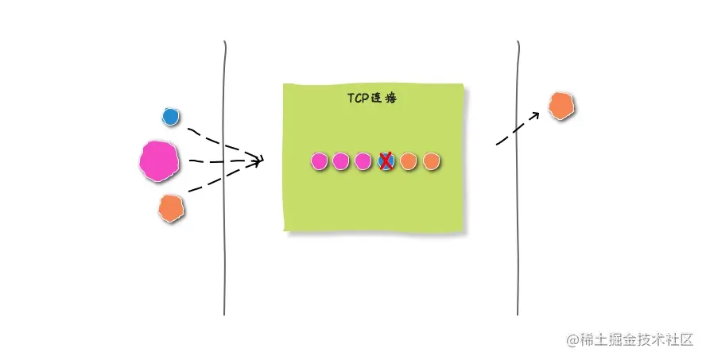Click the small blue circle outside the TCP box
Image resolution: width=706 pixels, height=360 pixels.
coord(170,117)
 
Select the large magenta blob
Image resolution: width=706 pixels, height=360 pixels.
coord(159,161)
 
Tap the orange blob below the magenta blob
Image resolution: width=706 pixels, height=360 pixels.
coord(171,208)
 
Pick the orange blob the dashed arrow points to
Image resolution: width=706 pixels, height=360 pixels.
coord(561,105)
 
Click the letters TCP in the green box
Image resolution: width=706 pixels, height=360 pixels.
coord(357,99)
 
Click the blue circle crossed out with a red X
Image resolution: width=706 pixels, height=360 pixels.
coord(386,161)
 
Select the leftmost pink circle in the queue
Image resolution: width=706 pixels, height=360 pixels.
coord(319,161)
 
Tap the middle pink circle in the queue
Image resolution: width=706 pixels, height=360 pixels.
coord(341,161)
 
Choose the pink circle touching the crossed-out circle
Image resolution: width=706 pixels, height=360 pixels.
coord(363,161)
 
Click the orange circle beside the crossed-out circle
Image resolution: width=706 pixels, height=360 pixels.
coord(408,161)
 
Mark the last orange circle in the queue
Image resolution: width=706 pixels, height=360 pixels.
coord(430,161)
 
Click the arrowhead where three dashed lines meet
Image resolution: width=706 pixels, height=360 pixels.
coord(258,161)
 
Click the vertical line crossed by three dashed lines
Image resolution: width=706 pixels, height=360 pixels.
coord(225,238)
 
